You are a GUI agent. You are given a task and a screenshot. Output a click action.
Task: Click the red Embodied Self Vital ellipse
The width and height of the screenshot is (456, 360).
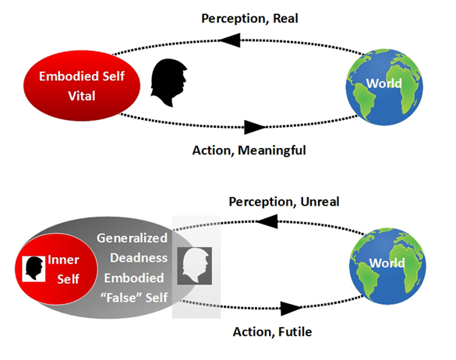pos(82,86)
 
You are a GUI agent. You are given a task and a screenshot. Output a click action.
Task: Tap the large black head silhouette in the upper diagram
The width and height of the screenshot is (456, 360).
pos(168,83)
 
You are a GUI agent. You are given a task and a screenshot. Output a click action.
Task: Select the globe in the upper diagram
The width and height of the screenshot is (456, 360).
pos(384,87)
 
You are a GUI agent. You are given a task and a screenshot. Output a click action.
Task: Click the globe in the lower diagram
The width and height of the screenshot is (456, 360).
pos(387,266)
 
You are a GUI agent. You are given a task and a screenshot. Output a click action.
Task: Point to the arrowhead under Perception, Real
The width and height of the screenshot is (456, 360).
pos(229,40)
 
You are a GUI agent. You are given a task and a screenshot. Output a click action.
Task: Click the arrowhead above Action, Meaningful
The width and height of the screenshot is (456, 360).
pos(255,127)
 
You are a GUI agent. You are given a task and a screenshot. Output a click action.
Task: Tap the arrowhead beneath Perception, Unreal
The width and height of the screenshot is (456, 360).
pos(267,221)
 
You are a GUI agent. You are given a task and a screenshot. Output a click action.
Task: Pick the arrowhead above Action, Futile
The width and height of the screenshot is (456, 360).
pos(292,309)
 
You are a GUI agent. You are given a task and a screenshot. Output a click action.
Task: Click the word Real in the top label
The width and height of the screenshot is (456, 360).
pos(285,19)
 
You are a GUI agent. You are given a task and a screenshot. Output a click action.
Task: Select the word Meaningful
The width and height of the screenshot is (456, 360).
pos(272,150)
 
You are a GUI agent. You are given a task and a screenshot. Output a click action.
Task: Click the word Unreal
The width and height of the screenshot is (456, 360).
pos(320,202)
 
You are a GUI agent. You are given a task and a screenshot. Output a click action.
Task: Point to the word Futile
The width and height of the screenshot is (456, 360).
pos(295,332)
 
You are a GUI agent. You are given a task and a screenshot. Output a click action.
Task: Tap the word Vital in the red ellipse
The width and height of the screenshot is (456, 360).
pos(82,96)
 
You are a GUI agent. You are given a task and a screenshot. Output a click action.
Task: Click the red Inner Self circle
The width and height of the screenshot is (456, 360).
pos(56,269)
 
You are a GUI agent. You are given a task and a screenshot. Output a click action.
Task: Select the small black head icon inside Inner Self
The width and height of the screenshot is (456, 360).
pos(34,268)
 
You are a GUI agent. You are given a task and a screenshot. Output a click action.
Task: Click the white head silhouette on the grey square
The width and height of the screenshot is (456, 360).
pos(196,266)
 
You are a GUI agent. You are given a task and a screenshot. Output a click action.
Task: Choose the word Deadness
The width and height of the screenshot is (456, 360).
pos(139,258)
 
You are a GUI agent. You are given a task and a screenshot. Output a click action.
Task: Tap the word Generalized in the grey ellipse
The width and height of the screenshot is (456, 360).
pos(132,238)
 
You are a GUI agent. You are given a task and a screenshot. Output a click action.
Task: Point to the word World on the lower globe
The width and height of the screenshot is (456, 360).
pos(387,263)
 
